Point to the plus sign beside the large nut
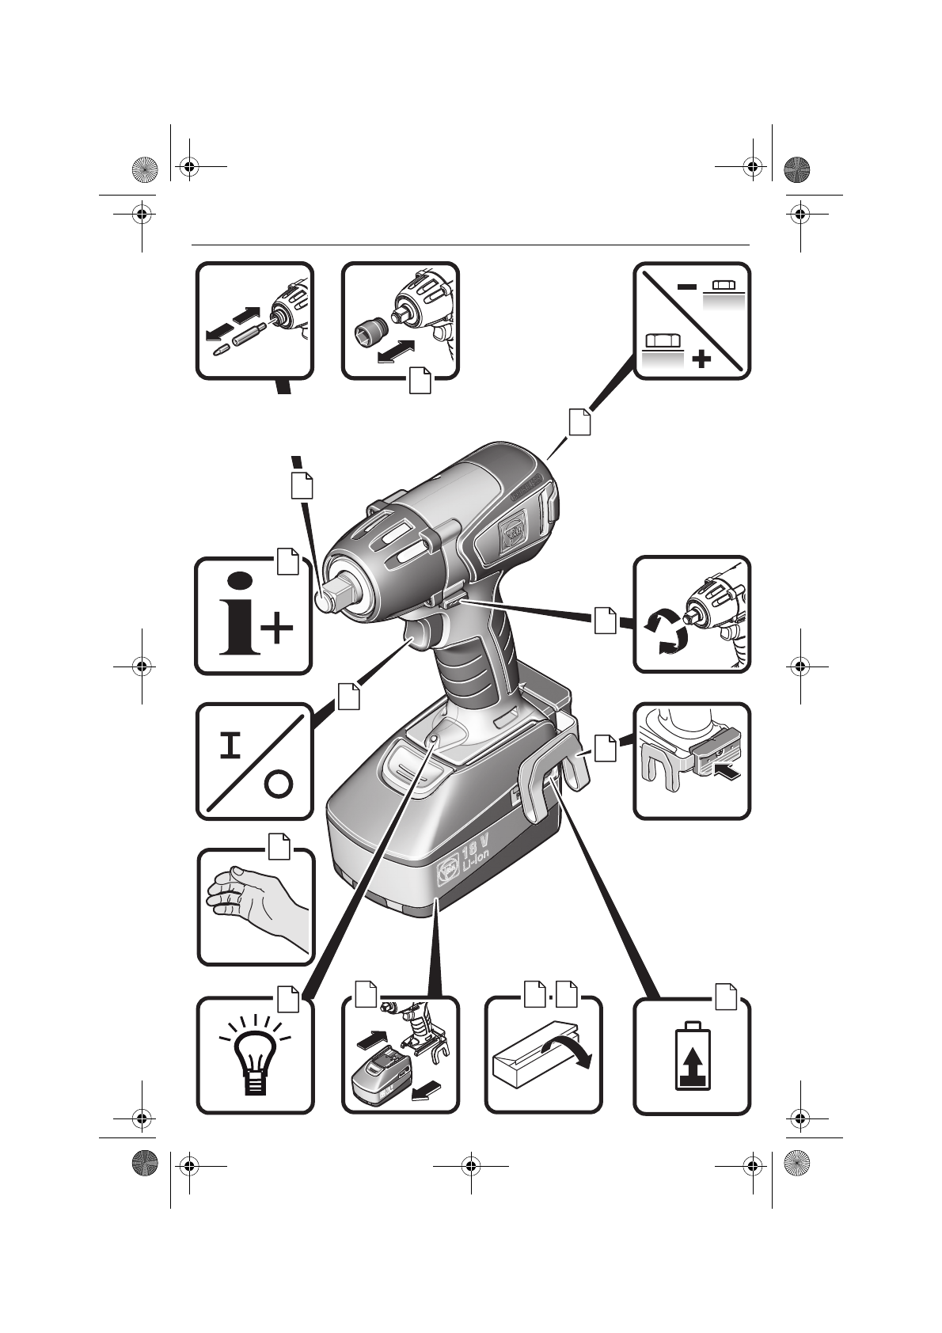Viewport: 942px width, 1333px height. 701,360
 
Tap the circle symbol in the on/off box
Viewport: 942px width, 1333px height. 278,784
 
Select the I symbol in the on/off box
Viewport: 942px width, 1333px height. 231,745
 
